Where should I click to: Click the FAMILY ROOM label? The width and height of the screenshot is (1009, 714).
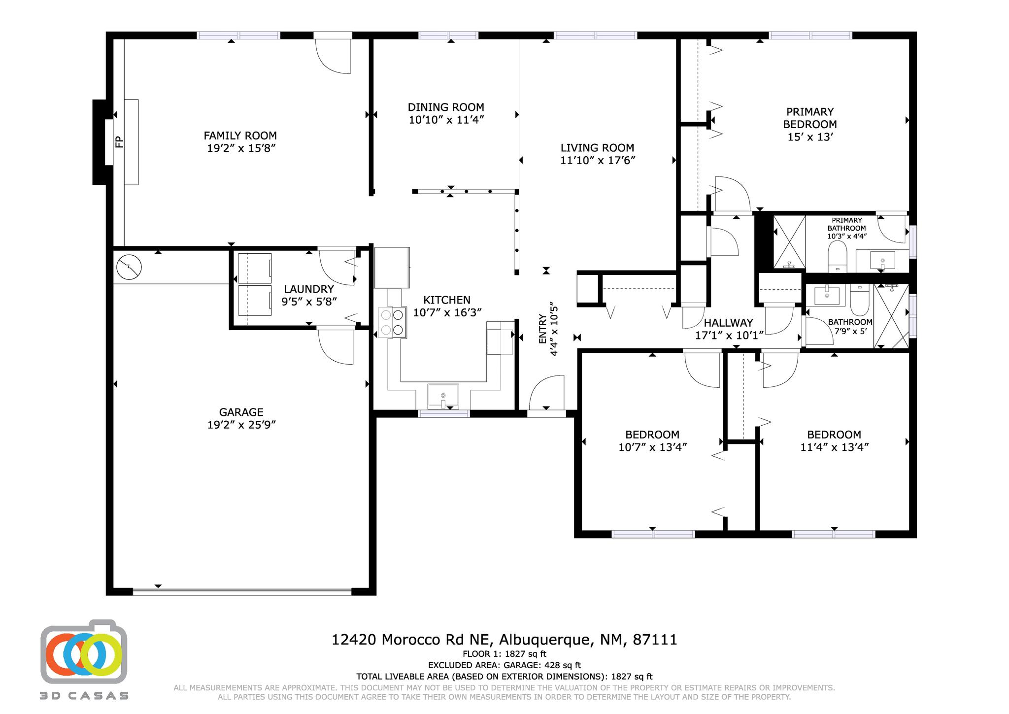pos(240,136)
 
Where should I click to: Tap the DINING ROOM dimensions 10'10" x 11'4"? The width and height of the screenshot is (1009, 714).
pos(446,120)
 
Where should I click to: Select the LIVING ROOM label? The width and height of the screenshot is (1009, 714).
pos(597,147)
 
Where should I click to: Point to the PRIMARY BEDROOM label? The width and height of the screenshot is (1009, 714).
pos(810,118)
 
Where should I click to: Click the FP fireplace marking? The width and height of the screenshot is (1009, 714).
pos(119,142)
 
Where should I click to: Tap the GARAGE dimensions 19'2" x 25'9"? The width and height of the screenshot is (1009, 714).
pos(241,425)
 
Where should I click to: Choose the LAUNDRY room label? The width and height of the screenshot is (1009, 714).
pos(309,289)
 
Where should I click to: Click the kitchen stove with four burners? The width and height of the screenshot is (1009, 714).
pos(393,322)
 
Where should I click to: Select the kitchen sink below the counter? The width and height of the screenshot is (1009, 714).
pos(443,396)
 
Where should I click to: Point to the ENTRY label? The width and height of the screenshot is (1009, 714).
pos(542,329)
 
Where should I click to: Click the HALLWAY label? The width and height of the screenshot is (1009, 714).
pos(728,323)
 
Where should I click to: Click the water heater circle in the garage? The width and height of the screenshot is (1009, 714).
pos(129,267)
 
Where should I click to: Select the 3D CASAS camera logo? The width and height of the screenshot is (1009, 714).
pos(84,651)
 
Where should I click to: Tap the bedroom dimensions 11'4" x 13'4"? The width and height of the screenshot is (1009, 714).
pos(834,447)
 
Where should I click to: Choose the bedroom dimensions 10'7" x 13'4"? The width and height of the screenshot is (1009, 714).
pos(652,447)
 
